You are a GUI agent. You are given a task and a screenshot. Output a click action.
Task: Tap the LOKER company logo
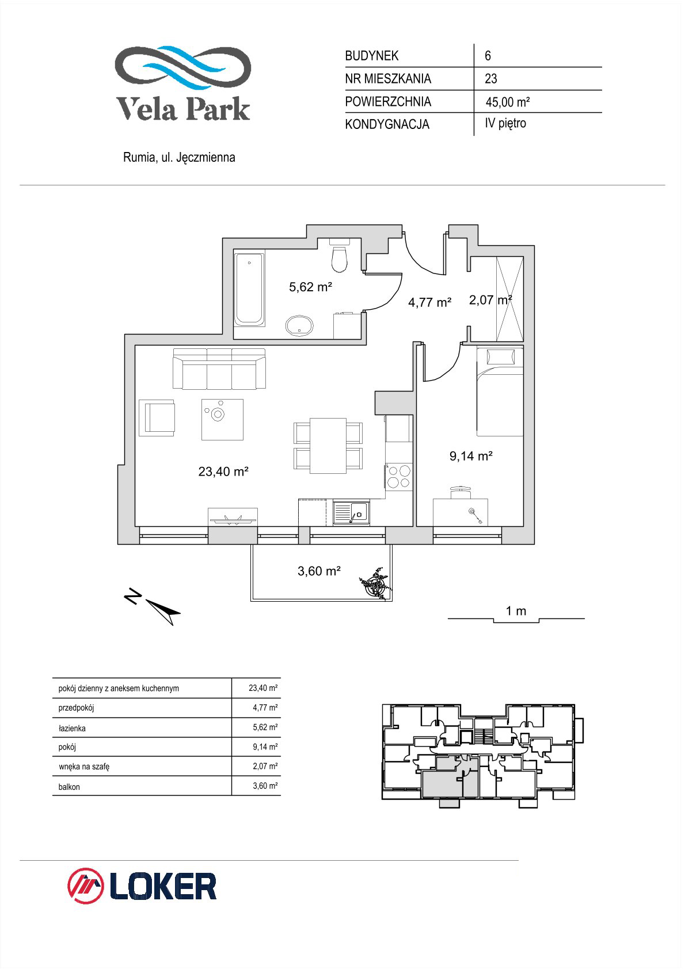pyautogui.click(x=142, y=886)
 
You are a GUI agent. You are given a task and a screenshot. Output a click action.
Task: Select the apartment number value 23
pyautogui.click(x=491, y=79)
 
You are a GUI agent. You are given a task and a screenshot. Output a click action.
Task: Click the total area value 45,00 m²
pyautogui.click(x=508, y=102)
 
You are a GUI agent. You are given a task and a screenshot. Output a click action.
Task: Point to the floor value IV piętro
pyautogui.click(x=505, y=123)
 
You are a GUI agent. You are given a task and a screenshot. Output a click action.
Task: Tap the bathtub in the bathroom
pyautogui.click(x=249, y=290)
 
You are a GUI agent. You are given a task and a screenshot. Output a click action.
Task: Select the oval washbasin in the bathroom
pyautogui.click(x=299, y=325)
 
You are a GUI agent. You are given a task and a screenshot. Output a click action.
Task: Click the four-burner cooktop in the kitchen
pyautogui.click(x=399, y=477)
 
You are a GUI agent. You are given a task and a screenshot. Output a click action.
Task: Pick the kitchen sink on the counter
pyautogui.click(x=351, y=513)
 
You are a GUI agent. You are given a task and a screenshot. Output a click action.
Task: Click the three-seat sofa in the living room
pyautogui.click(x=219, y=369)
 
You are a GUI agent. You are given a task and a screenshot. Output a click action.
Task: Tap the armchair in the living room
pyautogui.click(x=157, y=417)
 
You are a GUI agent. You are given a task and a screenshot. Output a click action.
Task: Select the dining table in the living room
pyautogui.click(x=328, y=446)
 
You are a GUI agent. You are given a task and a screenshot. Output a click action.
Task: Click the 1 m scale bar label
pyautogui.click(x=516, y=611)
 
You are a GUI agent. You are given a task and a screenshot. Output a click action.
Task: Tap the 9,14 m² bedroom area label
pyautogui.click(x=471, y=456)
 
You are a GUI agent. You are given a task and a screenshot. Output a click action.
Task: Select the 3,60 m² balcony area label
pyautogui.click(x=319, y=571)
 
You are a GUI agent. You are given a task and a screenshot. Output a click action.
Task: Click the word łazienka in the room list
pyautogui.click(x=72, y=728)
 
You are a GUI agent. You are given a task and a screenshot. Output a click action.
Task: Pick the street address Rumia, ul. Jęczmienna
pyautogui.click(x=179, y=157)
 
